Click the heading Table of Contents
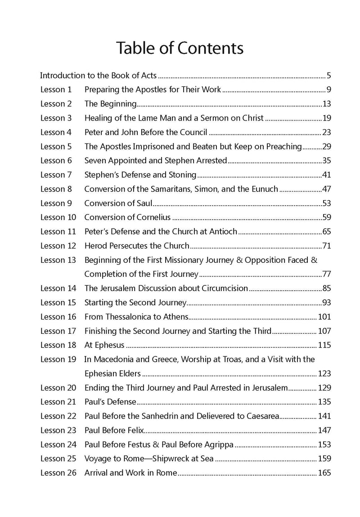[x=180, y=48]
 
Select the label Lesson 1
[x=56, y=90]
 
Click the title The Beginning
[x=111, y=104]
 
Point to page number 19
[x=327, y=118]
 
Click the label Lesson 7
[x=56, y=175]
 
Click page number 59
[x=327, y=217]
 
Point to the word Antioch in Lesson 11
[x=222, y=231]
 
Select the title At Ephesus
[x=104, y=345]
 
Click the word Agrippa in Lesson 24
[x=214, y=444]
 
